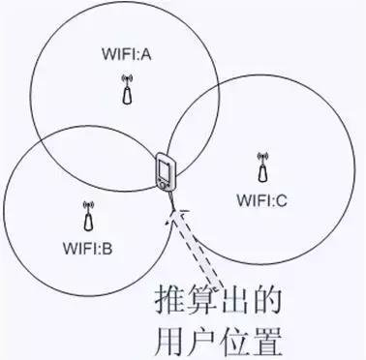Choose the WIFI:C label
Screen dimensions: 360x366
pyautogui.click(x=261, y=200)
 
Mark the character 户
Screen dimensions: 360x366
pyautogui.click(x=206, y=340)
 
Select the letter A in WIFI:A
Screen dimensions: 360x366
pyautogui.click(x=148, y=55)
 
